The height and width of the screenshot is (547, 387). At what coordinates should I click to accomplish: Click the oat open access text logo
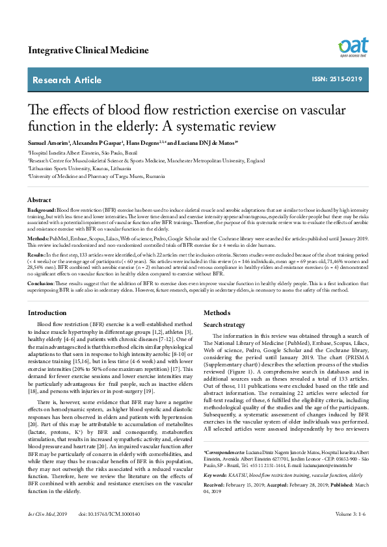[353, 47]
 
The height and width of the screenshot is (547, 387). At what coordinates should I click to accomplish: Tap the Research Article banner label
[67, 80]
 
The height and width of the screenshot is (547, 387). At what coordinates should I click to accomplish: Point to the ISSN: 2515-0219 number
[337, 79]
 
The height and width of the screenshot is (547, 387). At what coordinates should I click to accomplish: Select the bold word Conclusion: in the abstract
[40, 283]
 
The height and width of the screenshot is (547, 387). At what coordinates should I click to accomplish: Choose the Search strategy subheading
[224, 324]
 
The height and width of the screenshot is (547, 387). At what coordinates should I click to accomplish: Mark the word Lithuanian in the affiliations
[41, 167]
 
